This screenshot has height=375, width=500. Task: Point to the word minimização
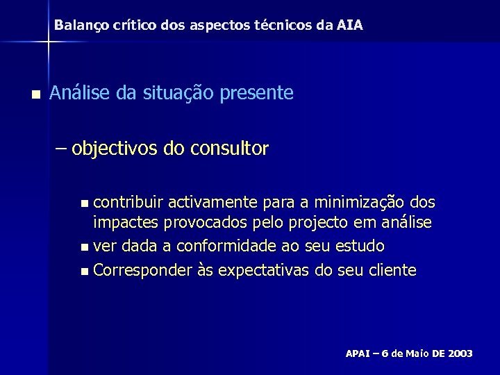pyautogui.click(x=362, y=203)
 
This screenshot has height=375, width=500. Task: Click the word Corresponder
pyautogui.click(x=141, y=269)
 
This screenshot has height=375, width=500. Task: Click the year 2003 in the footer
pyautogui.click(x=460, y=353)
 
